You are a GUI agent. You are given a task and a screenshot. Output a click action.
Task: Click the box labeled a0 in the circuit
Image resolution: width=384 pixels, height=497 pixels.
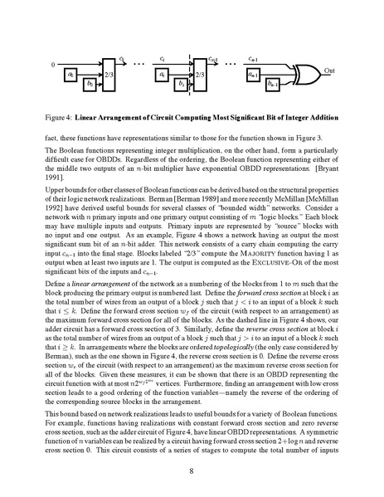pos(71,74)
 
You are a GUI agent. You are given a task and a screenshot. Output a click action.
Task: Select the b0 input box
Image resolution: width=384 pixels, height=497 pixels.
pos(90,85)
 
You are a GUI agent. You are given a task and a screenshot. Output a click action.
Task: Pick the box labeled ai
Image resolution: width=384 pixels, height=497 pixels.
pos(162,74)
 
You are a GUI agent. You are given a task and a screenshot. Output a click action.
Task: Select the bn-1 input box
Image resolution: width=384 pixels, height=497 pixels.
pos(273,85)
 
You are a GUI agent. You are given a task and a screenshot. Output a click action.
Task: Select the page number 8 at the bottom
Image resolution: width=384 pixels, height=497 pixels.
pos(192,472)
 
